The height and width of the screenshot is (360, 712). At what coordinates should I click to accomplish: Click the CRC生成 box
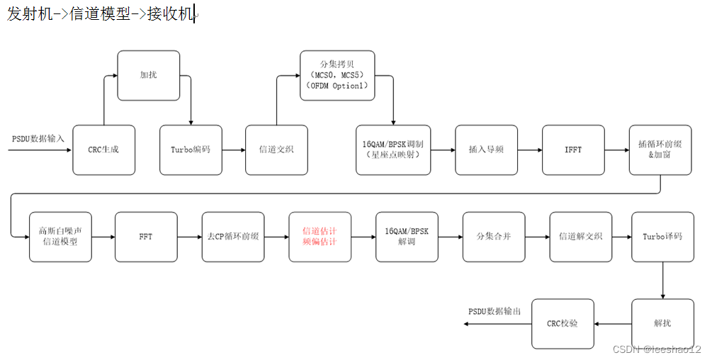click(104, 150)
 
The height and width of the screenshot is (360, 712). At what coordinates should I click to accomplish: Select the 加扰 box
click(148, 74)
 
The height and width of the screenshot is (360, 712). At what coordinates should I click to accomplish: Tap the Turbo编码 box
click(191, 150)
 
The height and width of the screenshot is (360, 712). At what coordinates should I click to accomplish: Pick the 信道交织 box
click(276, 150)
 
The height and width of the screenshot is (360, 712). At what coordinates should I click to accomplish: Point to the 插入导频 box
click(486, 150)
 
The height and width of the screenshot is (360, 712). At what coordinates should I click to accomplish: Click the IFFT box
click(573, 150)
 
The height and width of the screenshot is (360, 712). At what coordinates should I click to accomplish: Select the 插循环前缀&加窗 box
click(660, 150)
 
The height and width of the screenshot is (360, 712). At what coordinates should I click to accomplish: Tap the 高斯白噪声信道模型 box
click(60, 237)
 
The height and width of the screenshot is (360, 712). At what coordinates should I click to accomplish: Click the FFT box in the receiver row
click(146, 237)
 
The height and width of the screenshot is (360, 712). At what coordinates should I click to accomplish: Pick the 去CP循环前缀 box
click(233, 237)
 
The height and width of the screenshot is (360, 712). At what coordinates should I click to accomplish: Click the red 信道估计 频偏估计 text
click(320, 237)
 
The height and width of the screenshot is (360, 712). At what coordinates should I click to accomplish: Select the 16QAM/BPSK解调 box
click(407, 237)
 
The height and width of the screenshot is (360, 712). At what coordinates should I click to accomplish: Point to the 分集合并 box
click(493, 237)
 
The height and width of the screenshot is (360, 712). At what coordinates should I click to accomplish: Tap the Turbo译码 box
click(662, 237)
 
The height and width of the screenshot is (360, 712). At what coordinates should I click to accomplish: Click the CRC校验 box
click(563, 324)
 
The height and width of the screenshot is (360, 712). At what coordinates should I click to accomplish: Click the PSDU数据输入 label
click(38, 138)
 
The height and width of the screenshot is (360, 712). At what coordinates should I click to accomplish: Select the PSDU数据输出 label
click(495, 312)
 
